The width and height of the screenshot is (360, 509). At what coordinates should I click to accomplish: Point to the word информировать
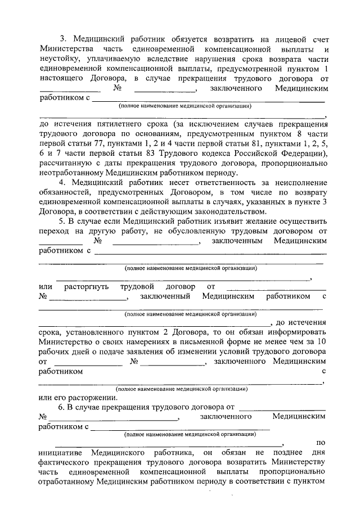295,331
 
